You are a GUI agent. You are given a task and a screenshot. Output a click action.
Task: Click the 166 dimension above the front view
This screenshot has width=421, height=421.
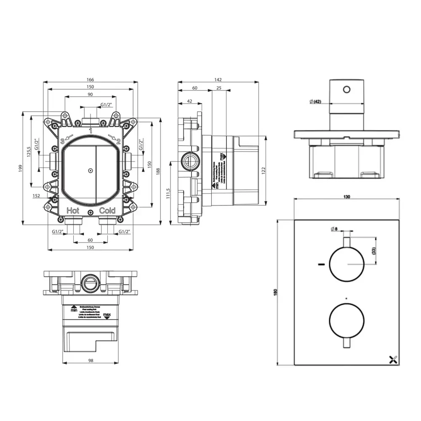point(91,80)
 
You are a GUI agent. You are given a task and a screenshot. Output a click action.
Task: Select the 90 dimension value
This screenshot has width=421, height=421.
point(91,95)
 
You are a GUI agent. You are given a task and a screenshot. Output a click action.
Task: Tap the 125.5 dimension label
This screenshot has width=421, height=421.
point(29,152)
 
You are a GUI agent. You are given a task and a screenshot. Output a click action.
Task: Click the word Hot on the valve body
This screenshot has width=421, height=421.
point(73,210)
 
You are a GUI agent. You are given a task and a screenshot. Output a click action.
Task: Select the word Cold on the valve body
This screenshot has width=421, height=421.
point(107,210)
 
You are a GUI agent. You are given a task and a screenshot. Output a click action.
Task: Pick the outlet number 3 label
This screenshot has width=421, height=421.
point(62,141)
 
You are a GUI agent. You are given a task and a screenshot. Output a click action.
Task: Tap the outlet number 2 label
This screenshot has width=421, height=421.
point(118,141)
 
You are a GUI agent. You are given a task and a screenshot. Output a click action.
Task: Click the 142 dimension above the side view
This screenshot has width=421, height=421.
point(218,80)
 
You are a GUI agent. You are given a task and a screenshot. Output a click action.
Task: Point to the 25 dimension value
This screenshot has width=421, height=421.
point(219,88)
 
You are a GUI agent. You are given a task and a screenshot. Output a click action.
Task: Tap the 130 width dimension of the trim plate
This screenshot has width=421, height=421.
point(347,197)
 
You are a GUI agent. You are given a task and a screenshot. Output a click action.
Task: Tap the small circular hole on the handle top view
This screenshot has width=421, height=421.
point(347,89)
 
